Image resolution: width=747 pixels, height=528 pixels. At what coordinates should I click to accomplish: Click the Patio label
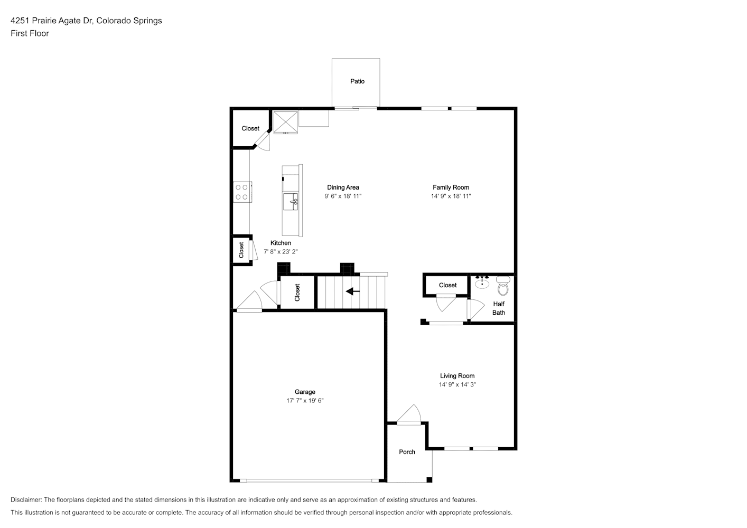pos(357,81)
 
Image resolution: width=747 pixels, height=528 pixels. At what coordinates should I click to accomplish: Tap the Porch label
pos(407,452)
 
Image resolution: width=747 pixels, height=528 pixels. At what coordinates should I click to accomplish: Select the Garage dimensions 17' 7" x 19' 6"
pos(305,401)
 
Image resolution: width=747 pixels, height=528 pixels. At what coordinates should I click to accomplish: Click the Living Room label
pos(457,375)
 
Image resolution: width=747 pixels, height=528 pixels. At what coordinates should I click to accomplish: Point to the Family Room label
pos(451,187)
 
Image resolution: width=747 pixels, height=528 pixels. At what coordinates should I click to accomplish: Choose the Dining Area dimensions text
pos(343,196)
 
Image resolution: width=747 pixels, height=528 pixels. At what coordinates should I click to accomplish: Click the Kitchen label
pos(281,243)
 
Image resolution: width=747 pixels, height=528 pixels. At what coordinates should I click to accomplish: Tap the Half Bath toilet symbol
pos(503,286)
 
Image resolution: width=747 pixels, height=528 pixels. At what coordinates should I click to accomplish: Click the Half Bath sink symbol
pos(482,282)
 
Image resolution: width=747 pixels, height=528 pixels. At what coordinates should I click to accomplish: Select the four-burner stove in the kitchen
pos(242,192)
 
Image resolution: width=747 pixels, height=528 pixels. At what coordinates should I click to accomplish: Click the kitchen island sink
pos(291,202)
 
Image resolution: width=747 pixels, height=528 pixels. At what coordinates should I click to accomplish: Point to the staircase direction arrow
pos(352,291)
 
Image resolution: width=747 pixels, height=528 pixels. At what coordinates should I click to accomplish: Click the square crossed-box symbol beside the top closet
pos(285,122)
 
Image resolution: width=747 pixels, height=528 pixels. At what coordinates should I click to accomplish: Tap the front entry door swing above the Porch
pos(409,414)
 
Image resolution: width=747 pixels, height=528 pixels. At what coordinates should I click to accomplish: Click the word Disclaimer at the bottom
pos(26,499)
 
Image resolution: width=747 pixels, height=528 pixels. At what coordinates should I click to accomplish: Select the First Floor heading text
pos(30,33)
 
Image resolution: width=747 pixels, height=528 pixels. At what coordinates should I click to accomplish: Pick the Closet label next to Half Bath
pos(447,285)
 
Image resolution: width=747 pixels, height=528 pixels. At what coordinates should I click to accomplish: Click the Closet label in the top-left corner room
pos(250,128)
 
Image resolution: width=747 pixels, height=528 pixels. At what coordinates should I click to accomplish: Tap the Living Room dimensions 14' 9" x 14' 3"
pos(457,384)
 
